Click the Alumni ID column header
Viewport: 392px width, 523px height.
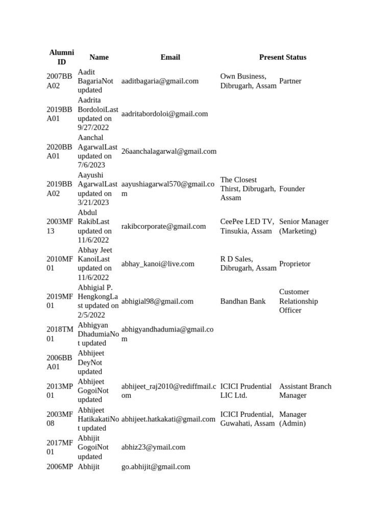click(61, 57)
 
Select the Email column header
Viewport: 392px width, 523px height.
click(170, 57)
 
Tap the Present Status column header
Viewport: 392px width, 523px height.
click(282, 57)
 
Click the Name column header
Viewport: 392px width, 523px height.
click(99, 57)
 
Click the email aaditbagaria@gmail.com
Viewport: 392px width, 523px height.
click(160, 81)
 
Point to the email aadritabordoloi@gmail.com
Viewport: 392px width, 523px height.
click(164, 114)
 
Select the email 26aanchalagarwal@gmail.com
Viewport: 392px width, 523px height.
click(168, 151)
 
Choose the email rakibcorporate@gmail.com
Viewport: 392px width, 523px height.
click(163, 226)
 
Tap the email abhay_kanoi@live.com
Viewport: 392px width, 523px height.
click(158, 264)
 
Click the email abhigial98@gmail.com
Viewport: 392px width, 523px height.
click(157, 301)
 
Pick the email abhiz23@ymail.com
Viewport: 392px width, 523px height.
click(153, 447)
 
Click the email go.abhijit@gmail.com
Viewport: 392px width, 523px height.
click(156, 466)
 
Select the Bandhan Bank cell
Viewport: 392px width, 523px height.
click(243, 301)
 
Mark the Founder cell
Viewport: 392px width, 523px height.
click(292, 189)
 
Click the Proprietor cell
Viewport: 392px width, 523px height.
click(295, 264)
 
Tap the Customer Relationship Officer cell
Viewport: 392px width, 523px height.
click(299, 301)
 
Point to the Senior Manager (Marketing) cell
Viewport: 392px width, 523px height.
click(304, 226)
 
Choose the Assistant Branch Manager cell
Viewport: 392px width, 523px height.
click(305, 391)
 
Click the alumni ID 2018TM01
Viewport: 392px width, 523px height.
click(60, 334)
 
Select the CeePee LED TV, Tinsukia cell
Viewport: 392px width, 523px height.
click(247, 226)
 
